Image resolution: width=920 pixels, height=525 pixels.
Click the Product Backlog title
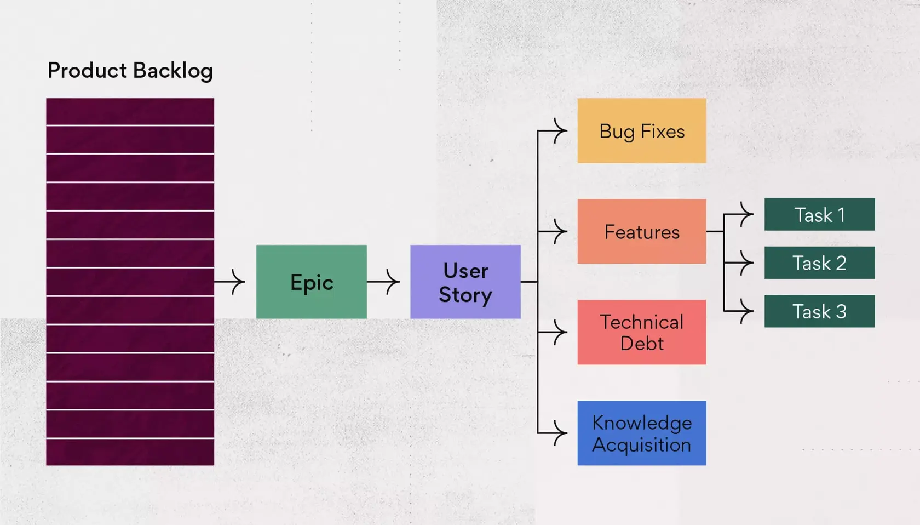130,71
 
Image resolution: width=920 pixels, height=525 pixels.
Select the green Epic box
311,282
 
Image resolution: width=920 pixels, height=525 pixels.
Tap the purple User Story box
465,282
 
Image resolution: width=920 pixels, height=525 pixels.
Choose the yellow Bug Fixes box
641,130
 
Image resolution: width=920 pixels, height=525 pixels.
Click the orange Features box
641,231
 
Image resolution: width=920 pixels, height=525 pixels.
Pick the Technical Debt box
641,332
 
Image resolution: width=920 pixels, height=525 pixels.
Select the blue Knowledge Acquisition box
641,433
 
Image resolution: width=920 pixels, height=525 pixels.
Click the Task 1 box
819,214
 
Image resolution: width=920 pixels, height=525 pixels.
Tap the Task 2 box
819,263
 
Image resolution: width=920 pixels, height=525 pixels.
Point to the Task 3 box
819,311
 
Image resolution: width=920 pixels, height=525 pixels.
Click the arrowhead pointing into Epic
239,282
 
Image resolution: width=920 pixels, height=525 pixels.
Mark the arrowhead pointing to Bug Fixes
561,130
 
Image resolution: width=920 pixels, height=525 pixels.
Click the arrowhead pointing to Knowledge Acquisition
561,433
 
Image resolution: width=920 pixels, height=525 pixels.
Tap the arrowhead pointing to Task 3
748,311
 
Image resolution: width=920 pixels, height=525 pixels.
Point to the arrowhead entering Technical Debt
561,332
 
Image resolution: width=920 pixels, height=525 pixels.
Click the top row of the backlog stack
130,112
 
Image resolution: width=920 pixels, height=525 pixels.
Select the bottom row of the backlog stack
130,452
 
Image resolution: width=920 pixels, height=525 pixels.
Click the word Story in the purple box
465,295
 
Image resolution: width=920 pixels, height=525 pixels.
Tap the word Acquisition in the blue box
641,444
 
